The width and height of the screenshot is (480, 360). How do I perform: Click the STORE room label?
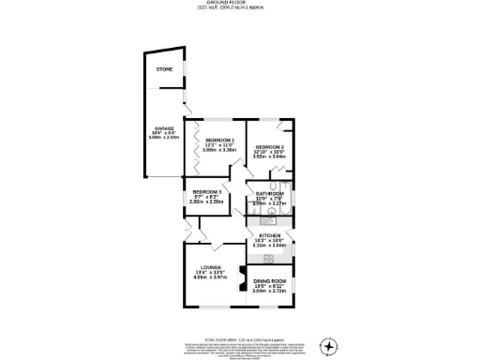click(165, 67)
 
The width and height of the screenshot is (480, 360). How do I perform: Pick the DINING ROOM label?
click(270, 281)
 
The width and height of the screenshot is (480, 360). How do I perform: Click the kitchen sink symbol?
click(270, 258)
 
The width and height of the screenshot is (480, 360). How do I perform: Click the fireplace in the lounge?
click(240, 277)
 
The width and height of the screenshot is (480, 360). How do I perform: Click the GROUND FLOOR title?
click(240, 4)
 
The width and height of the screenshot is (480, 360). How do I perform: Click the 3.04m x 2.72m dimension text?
click(270, 292)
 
